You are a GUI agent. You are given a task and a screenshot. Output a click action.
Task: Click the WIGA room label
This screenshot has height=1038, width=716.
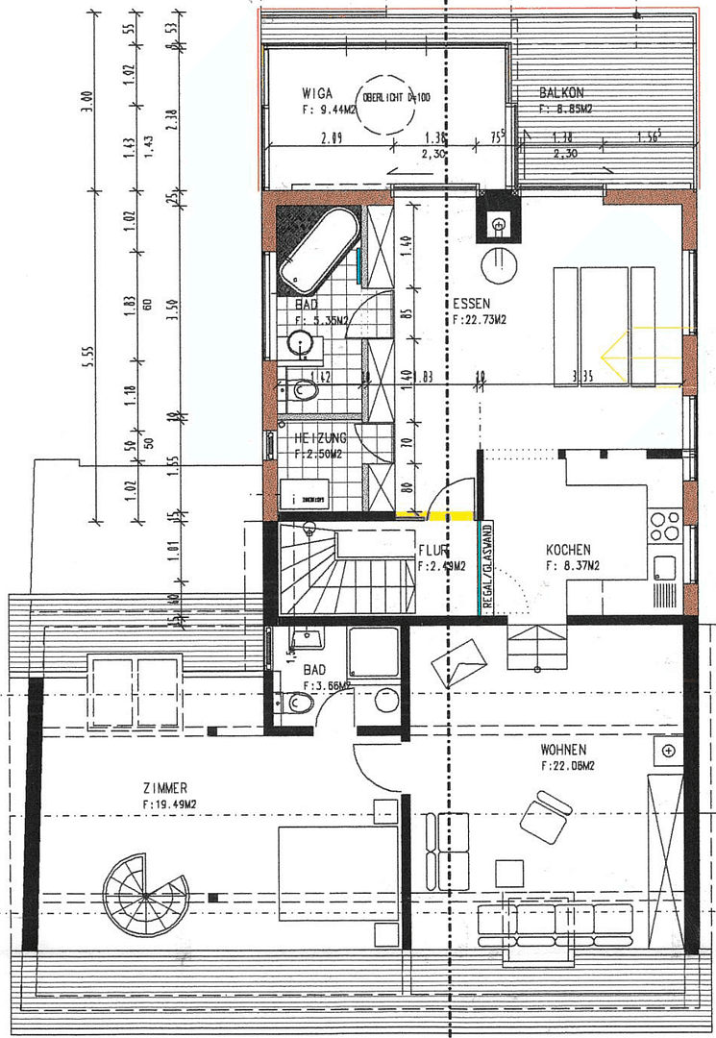[317, 93]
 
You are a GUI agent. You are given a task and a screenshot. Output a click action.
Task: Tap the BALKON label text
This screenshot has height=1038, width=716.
[561, 93]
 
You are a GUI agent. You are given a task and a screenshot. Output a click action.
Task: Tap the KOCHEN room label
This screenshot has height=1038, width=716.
[569, 550]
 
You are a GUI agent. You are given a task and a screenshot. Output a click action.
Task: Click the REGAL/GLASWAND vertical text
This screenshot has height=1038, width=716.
[487, 567]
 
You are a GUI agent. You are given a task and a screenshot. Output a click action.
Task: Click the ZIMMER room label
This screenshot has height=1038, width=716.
[164, 786]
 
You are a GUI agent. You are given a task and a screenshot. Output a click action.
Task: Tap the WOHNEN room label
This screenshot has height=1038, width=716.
[563, 750]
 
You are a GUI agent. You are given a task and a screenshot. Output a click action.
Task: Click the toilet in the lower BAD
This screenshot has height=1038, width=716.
[297, 704]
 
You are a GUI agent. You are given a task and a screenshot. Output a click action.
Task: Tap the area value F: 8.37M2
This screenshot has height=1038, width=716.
[573, 566]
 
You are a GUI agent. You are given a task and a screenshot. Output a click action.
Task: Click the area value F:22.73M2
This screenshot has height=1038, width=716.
[481, 320]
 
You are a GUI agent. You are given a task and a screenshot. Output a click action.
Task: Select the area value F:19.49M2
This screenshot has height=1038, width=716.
[170, 803]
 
